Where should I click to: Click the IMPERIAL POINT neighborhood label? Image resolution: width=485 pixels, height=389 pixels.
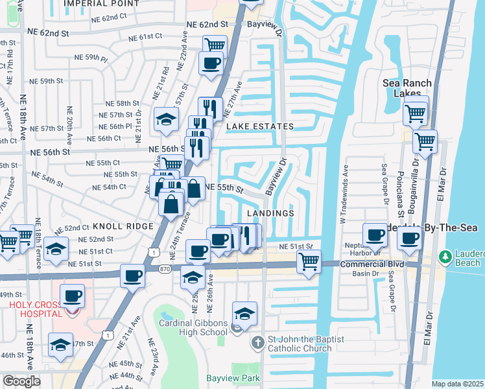(x=101, y=4)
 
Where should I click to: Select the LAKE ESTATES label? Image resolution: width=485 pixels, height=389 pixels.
(x=259, y=126)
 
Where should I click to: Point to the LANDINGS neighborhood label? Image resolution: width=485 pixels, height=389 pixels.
(x=271, y=213)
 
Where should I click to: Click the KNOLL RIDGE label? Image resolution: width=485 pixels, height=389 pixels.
(x=123, y=226)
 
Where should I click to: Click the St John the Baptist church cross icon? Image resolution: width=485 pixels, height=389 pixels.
(x=257, y=342)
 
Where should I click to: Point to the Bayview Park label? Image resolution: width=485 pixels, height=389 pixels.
(x=233, y=378)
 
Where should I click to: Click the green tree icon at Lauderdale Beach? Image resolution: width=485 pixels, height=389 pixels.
(x=445, y=258)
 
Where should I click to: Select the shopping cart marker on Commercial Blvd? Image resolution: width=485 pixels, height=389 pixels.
(x=309, y=262)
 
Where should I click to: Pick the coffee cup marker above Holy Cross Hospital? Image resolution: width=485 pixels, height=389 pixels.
(x=71, y=296)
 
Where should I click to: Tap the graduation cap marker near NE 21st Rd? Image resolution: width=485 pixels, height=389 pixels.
(x=166, y=119)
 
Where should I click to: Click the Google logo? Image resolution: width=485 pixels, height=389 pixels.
(x=21, y=381)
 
